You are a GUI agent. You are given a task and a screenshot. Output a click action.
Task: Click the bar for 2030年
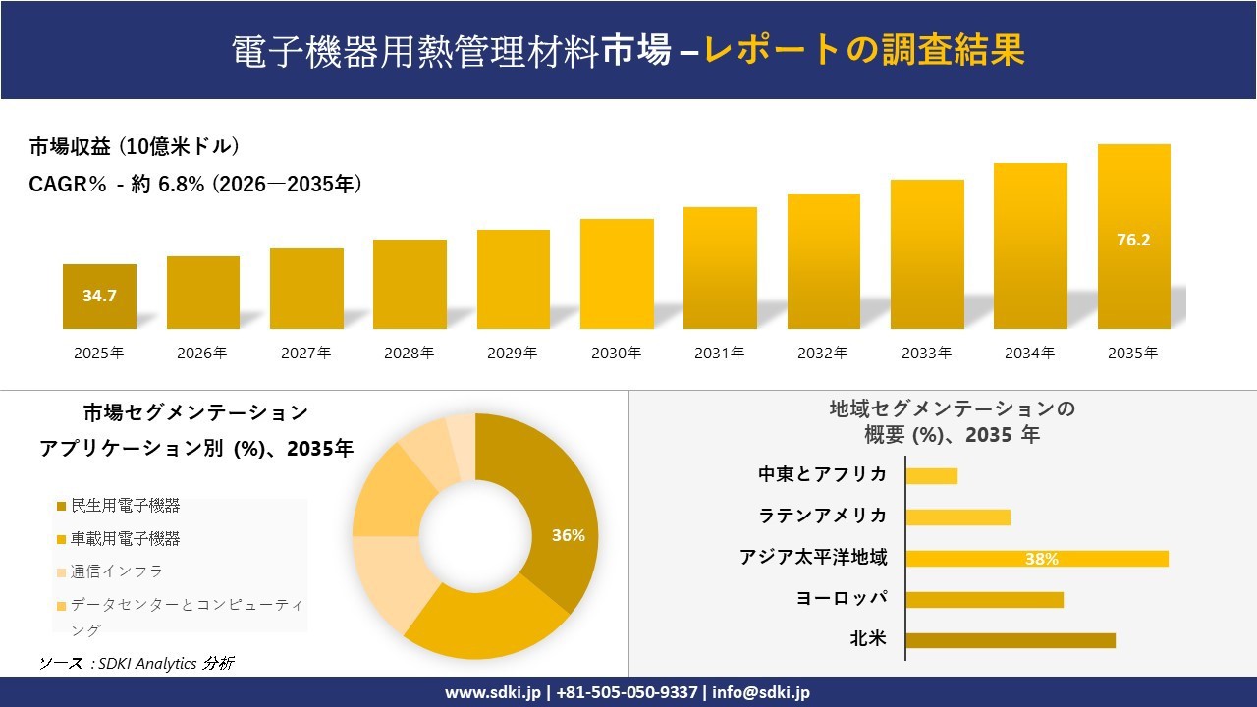point(617,274)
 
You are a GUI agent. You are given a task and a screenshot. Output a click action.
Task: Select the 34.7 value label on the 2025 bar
point(99,296)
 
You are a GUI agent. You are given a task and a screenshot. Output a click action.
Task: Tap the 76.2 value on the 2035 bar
point(1133,240)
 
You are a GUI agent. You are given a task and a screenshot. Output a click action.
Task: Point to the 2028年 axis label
point(410,353)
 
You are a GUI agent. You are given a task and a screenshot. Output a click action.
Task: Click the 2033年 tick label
point(927,353)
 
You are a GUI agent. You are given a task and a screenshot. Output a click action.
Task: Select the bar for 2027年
point(306,289)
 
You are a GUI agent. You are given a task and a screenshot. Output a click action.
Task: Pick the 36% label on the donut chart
point(569,536)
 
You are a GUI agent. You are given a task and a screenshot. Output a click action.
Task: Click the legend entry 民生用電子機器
point(125,507)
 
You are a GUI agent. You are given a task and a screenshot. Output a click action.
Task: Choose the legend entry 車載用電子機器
point(125,539)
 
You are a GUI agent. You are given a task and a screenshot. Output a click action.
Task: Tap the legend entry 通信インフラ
point(116,571)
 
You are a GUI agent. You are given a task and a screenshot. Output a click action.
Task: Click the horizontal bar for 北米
point(1011,640)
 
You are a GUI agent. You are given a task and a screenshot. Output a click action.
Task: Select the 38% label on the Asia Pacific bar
point(1041,559)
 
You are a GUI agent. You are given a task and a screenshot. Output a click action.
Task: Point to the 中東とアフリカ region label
point(822,475)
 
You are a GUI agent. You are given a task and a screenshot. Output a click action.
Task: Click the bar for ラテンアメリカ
point(957,517)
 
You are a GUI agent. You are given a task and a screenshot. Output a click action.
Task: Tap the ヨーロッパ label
point(842,599)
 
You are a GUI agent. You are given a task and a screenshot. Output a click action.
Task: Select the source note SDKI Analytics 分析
point(137,664)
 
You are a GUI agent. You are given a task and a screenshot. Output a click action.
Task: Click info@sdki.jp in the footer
point(760,692)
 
